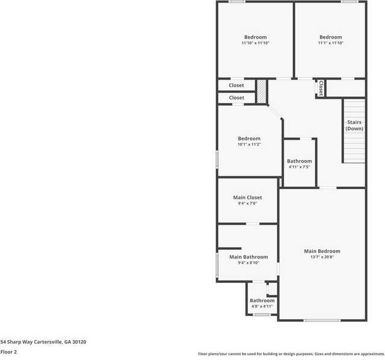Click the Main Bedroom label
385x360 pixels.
322,251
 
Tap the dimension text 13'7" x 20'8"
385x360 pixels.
322,257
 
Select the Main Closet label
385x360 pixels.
247,197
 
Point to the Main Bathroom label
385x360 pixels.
248,257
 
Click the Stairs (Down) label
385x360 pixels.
354,125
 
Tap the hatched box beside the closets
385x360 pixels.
261,91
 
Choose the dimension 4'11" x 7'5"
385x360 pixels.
299,167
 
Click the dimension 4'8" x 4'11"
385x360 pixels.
262,306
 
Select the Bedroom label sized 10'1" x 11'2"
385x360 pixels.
249,138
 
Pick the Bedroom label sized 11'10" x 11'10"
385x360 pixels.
255,37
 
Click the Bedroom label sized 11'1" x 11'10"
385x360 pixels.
330,37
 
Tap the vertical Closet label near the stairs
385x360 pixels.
321,88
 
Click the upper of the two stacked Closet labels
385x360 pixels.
236,85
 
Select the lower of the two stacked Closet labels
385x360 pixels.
236,98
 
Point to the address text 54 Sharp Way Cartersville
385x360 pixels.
43,342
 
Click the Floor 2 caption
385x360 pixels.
8,352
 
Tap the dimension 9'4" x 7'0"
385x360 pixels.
247,203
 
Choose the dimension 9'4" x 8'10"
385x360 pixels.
248,262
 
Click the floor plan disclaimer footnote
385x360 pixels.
291,354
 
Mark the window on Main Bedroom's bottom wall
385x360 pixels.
322,320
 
